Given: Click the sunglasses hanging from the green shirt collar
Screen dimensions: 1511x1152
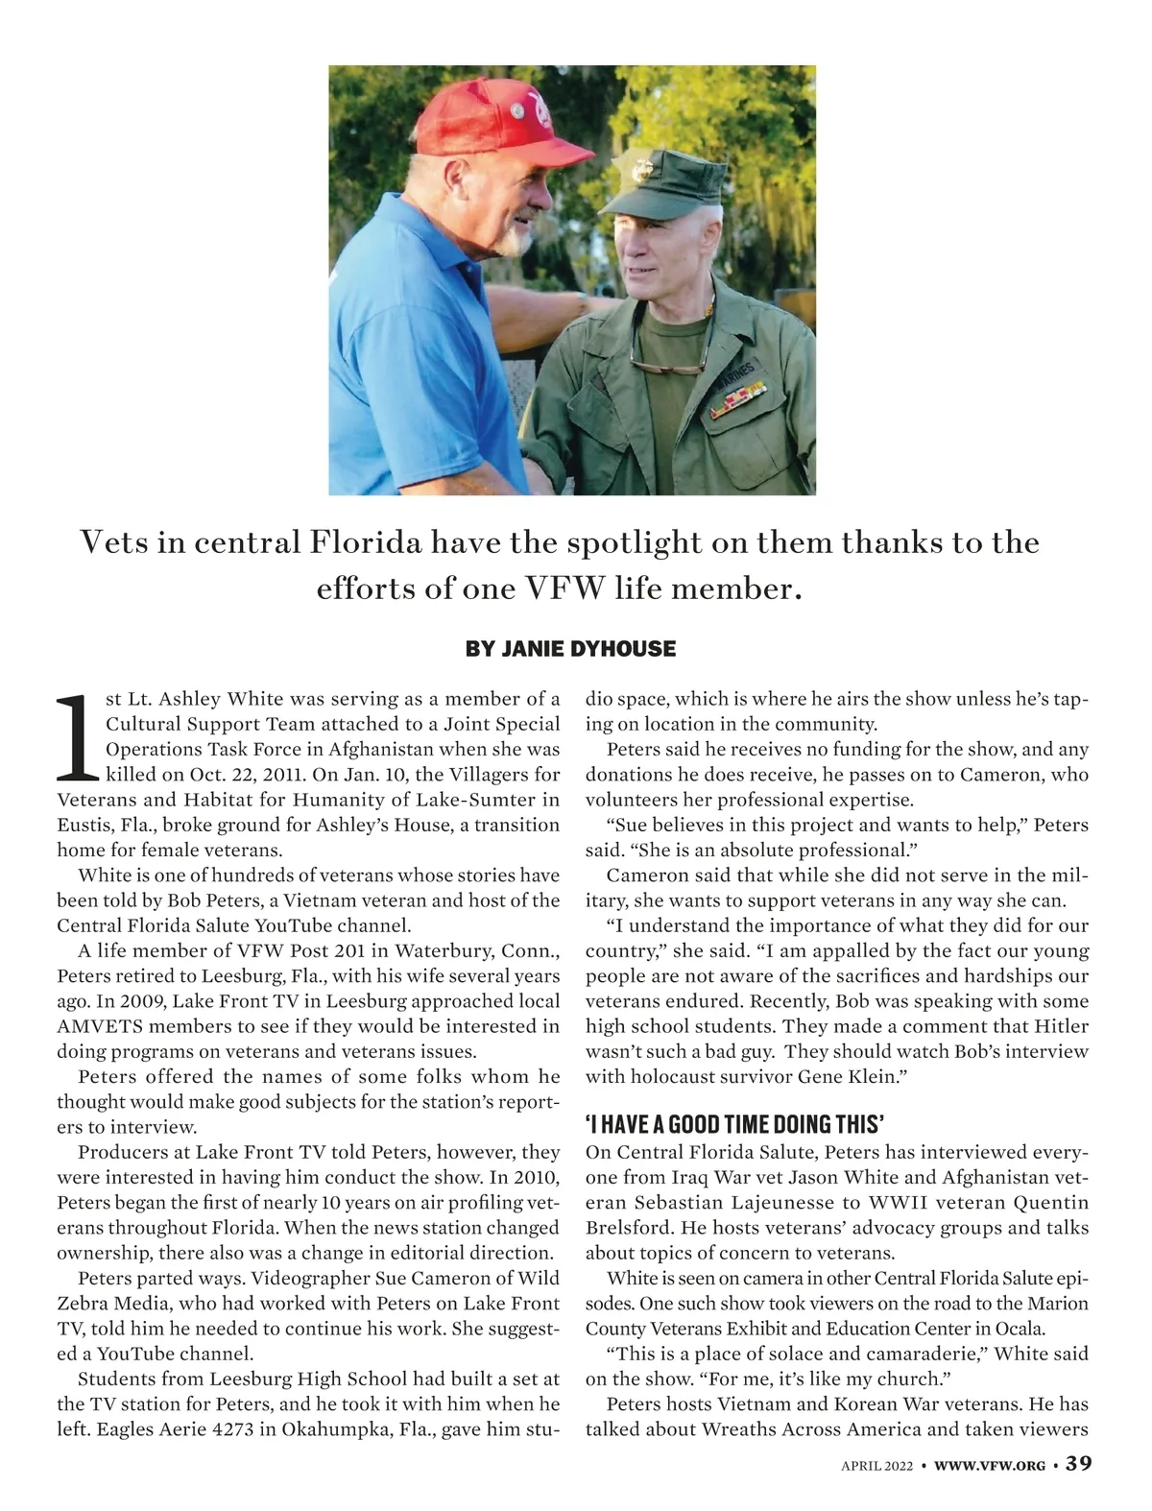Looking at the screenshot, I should pos(666,366).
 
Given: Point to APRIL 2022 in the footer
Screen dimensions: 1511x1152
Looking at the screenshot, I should pos(877,1465).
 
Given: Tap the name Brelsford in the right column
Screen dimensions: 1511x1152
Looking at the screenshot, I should pos(629,1228).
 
